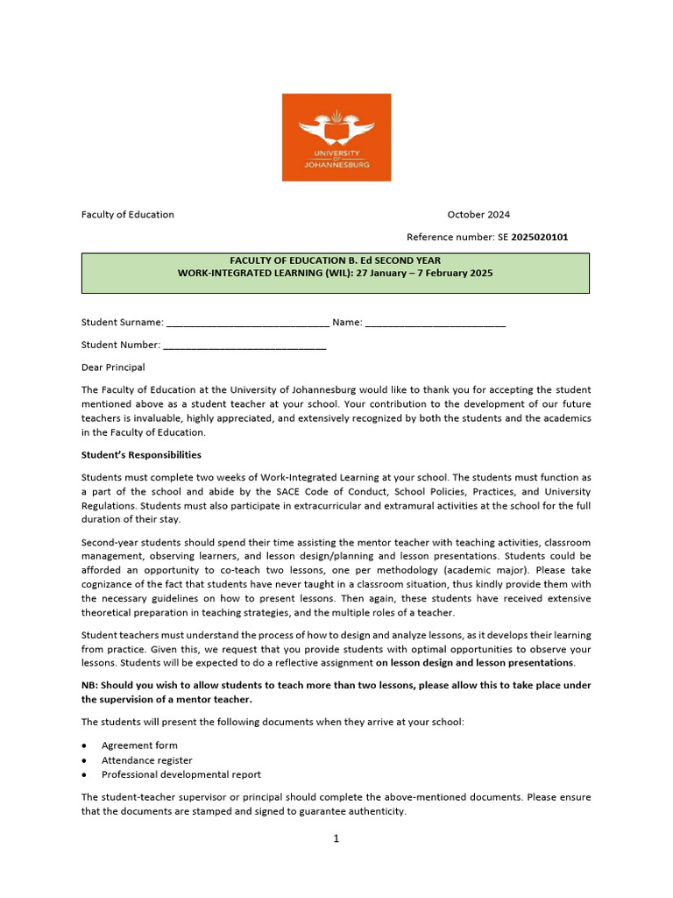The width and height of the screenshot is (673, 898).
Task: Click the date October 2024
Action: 478,215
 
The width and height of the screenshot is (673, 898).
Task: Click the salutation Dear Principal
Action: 113,367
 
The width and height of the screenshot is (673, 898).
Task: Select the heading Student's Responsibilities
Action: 141,455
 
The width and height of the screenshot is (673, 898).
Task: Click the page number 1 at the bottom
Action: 336,838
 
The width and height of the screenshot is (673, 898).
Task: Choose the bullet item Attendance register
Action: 146,760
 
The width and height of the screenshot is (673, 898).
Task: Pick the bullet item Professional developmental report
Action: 181,774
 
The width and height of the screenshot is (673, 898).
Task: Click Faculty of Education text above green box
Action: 128,215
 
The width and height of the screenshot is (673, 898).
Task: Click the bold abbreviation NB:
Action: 90,684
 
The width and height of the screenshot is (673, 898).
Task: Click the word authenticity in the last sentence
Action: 375,812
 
